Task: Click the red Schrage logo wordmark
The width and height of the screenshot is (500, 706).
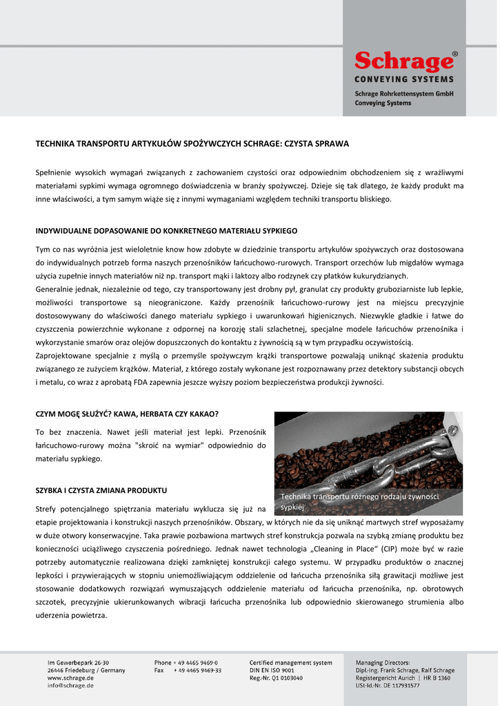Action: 403,63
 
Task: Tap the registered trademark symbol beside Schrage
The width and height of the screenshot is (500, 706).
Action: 454,53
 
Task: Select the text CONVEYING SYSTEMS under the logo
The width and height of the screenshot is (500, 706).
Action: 404,79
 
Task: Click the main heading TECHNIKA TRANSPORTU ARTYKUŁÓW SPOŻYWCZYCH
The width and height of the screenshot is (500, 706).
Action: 192,144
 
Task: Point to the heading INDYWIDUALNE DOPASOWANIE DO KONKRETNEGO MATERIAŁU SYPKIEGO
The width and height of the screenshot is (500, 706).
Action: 166,230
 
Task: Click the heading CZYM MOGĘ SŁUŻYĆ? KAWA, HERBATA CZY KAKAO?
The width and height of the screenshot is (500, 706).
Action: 127,414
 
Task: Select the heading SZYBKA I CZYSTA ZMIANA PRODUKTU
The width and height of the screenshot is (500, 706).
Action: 101,490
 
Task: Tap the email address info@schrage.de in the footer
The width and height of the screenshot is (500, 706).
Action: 70,685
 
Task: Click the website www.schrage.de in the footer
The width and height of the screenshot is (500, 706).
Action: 66,678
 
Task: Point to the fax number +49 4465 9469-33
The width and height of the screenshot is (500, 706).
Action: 197,670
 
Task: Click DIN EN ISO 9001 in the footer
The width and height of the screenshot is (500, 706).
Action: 272,670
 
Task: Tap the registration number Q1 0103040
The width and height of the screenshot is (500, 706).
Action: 286,678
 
